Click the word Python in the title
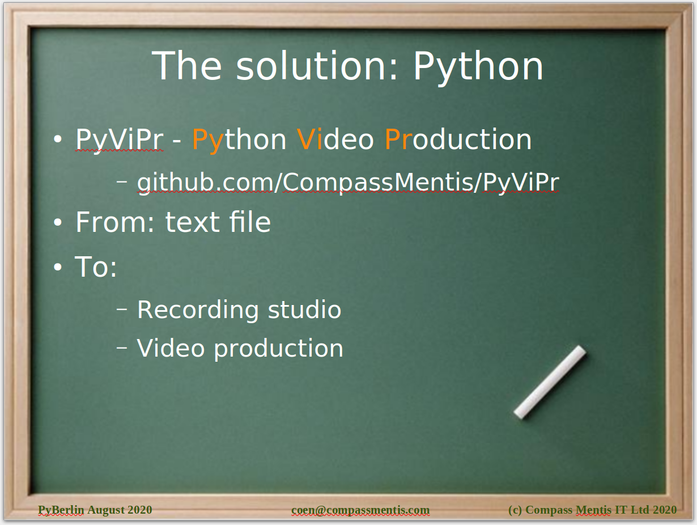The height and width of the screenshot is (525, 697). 478,68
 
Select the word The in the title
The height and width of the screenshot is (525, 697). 186,66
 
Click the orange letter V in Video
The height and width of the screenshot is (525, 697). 306,139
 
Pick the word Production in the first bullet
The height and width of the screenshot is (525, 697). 458,139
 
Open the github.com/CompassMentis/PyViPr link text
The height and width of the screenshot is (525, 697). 348,183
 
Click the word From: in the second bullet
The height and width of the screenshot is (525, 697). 115,222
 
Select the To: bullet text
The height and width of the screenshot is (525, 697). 96,266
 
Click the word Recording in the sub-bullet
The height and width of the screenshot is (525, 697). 198,310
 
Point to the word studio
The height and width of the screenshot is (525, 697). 304,309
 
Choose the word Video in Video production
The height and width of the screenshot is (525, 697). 171,348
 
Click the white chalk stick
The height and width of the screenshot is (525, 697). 550,382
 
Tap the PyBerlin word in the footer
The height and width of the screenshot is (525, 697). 61,510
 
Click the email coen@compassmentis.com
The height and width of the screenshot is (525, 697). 360,510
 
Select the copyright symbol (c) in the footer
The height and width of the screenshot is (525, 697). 515,510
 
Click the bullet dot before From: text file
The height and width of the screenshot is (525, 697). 57,222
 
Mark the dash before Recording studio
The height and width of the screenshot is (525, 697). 122,309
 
